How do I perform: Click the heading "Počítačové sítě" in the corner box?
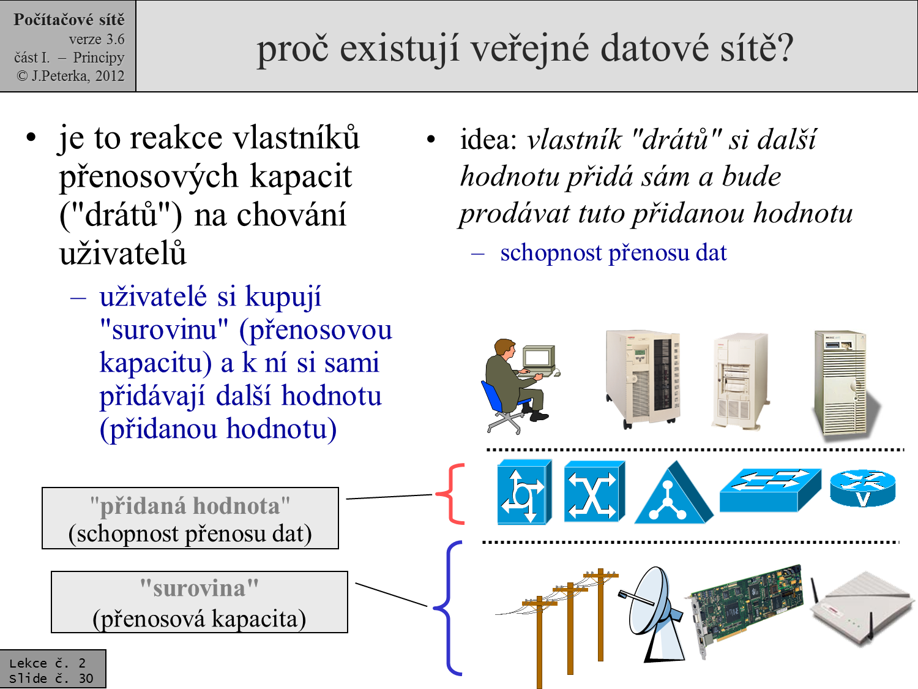tap(69, 20)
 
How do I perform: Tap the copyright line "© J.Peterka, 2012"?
tap(70, 76)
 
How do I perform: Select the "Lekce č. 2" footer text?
tap(47, 663)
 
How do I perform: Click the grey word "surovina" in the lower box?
tap(199, 589)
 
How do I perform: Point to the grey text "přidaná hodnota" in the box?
tap(190, 506)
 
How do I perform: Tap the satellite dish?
tap(652, 612)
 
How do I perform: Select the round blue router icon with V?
tap(862, 488)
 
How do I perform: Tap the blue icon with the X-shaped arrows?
tap(593, 492)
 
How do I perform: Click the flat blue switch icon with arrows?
tap(770, 489)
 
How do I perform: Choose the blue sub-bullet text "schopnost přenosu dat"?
tap(613, 252)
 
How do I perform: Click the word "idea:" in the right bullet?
tap(488, 140)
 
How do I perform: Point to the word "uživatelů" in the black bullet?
tap(122, 254)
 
